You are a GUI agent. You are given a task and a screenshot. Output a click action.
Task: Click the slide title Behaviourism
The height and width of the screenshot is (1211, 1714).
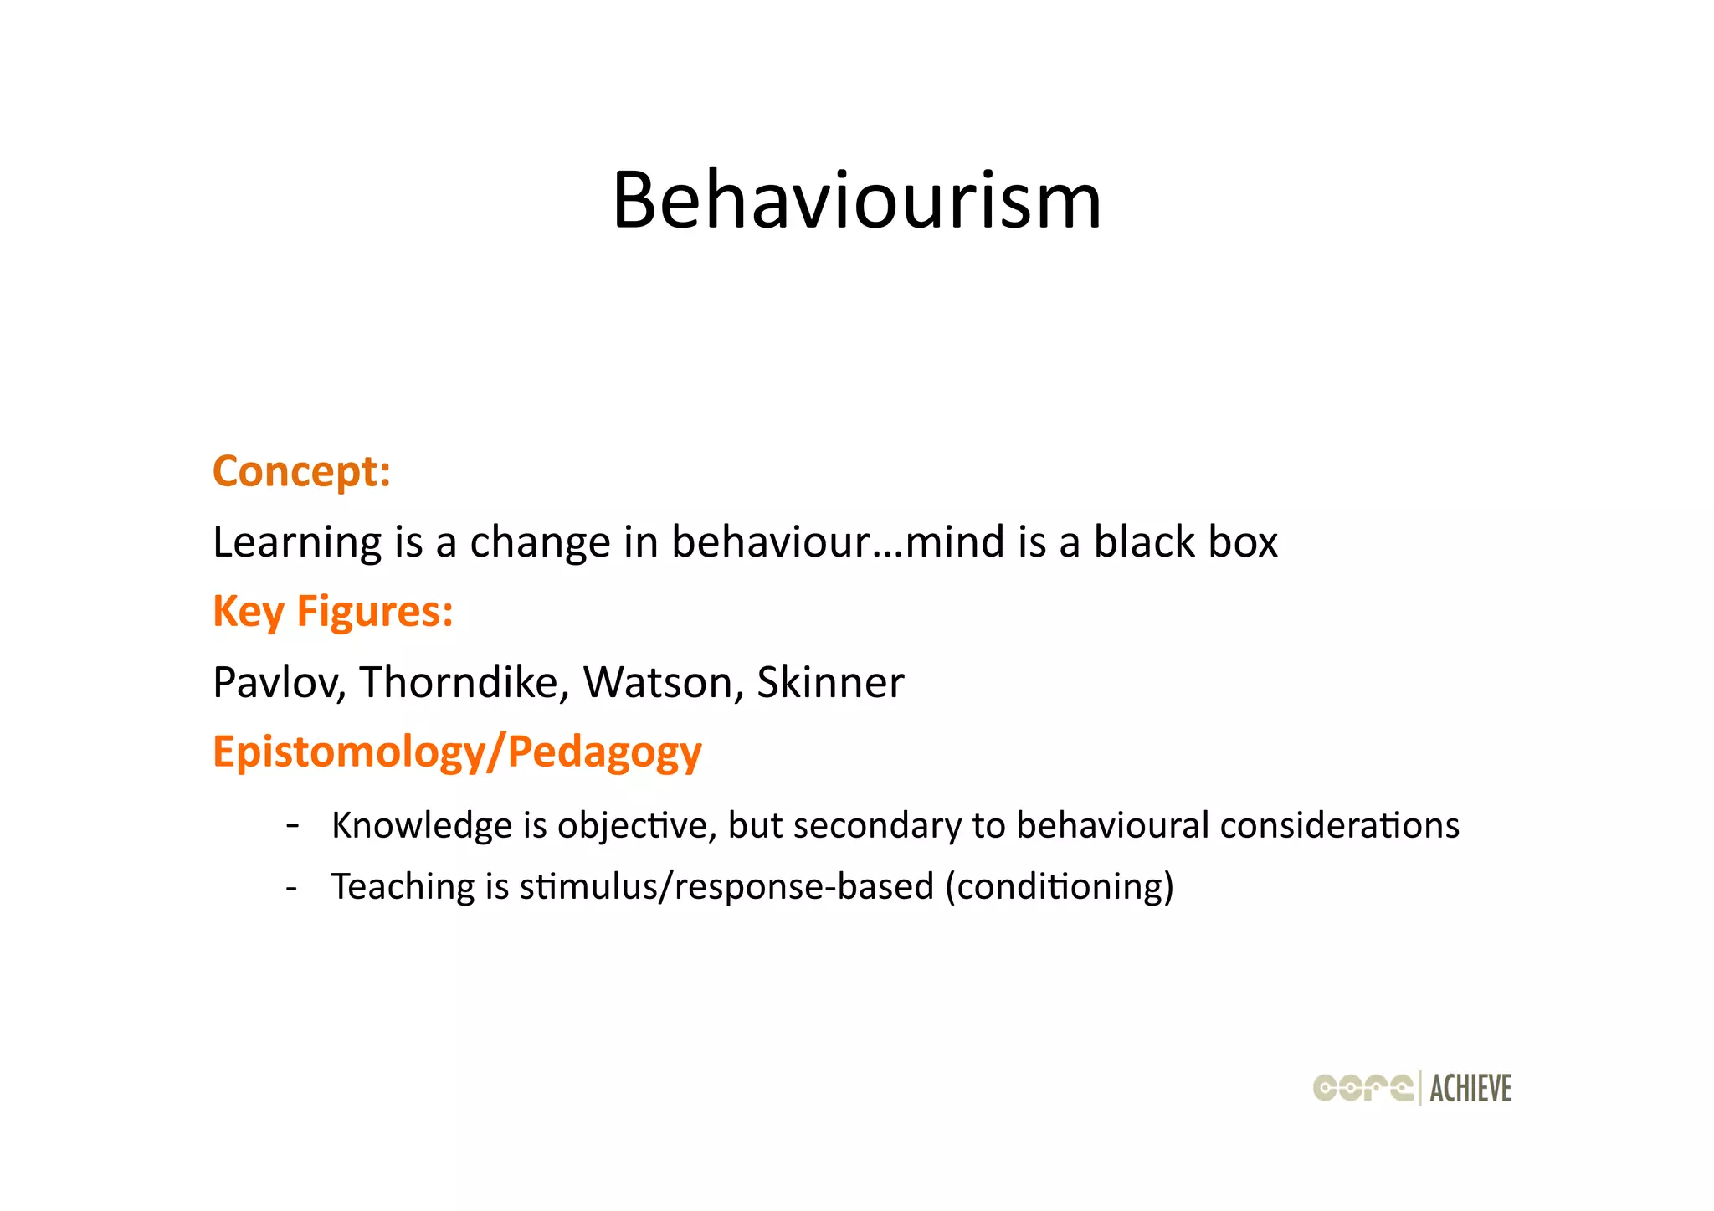pos(857,201)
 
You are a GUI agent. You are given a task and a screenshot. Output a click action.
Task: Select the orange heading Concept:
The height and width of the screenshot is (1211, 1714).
pos(301,471)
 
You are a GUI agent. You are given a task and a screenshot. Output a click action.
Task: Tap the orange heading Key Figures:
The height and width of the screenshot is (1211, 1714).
pos(333,611)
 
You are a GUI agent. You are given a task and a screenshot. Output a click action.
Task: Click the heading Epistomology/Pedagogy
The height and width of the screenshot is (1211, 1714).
pos(457,752)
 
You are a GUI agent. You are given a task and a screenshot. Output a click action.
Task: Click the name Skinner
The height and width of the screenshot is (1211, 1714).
pos(829,682)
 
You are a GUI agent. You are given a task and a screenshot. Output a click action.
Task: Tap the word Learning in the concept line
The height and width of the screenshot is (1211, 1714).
pos(297,542)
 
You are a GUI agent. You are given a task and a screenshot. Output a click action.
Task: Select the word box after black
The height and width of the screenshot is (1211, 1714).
pos(1242,542)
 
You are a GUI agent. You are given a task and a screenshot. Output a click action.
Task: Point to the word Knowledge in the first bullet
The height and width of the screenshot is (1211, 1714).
pos(422,826)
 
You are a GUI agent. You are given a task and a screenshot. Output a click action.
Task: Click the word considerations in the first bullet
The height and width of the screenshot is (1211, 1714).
pos(1339,826)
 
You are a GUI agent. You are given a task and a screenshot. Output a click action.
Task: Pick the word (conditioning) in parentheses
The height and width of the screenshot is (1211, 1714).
pos(1060,887)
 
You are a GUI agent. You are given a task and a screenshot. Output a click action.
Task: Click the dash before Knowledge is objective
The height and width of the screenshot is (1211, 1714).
pos(292,825)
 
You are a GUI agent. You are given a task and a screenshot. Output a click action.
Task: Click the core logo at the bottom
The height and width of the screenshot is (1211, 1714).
pos(1363,1088)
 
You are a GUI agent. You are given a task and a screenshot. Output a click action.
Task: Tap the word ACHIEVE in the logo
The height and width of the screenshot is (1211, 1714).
pos(1470,1089)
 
